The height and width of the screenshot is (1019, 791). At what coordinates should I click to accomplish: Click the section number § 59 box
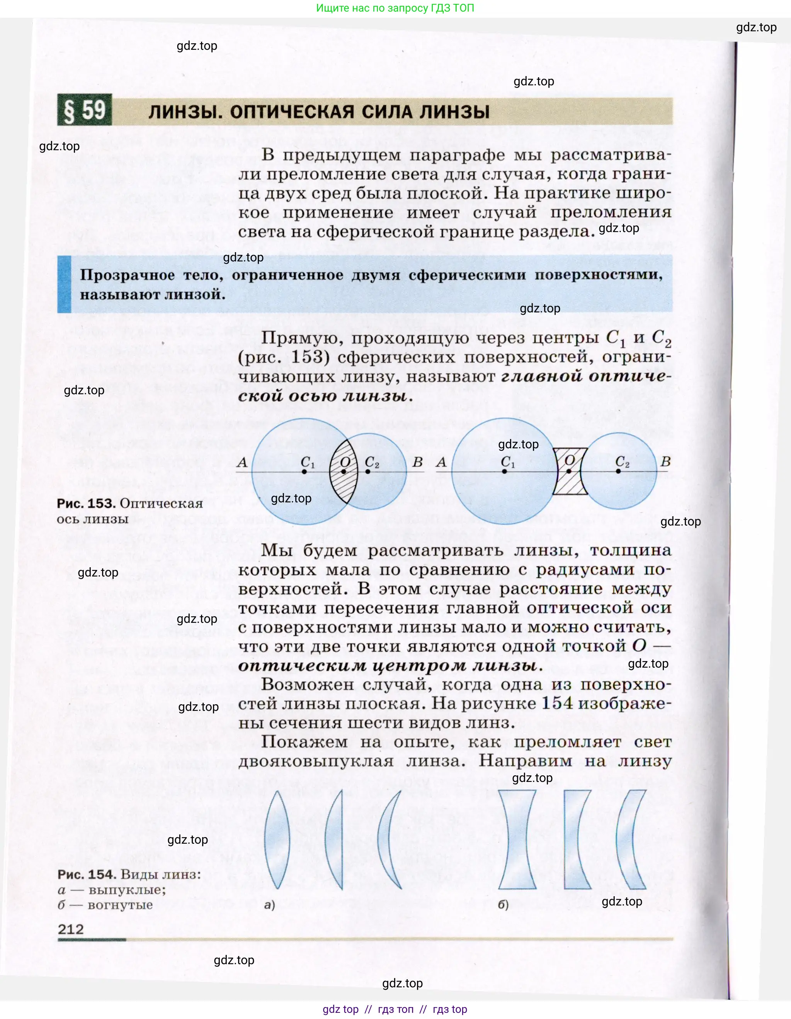click(85, 110)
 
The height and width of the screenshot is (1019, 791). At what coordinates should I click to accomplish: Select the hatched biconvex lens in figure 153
click(343, 471)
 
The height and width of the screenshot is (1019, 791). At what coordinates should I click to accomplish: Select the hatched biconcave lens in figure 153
click(569, 471)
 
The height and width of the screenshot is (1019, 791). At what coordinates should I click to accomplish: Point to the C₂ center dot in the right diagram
click(618, 471)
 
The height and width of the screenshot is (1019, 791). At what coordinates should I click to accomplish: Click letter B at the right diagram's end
click(665, 462)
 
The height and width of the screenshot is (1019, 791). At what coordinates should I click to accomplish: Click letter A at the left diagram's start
click(242, 462)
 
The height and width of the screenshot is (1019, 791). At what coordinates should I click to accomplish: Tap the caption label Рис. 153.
click(86, 504)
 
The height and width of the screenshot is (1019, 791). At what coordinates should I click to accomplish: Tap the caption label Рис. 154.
click(87, 874)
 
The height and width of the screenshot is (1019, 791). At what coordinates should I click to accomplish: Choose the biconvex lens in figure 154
click(277, 840)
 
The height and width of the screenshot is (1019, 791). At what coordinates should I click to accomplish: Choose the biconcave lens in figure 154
click(517, 840)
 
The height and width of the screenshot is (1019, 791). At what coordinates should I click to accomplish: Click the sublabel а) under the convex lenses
click(269, 905)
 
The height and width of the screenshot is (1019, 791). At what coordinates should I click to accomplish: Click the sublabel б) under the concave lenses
click(503, 905)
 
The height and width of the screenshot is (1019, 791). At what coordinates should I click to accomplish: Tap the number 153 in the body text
click(307, 358)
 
